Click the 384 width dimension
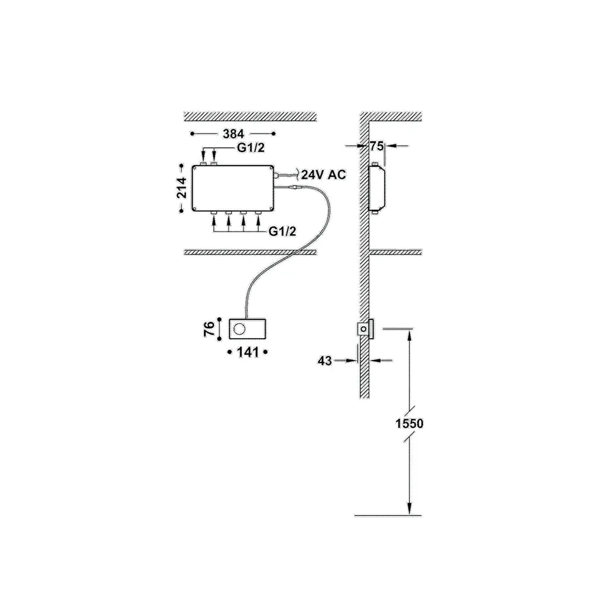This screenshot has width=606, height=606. pyautogui.click(x=233, y=134)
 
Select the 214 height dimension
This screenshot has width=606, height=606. pyautogui.click(x=182, y=188)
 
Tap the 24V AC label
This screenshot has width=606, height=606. pyautogui.click(x=323, y=175)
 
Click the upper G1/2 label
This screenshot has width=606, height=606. pyautogui.click(x=251, y=147)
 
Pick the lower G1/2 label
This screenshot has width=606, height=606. pyautogui.click(x=283, y=231)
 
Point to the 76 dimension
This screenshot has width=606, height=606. pyautogui.click(x=209, y=329)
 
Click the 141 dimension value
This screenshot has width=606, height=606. pyautogui.click(x=248, y=352)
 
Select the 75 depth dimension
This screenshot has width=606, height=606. pyautogui.click(x=377, y=146)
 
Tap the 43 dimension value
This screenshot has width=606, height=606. pyautogui.click(x=324, y=361)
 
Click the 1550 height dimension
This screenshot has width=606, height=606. pyautogui.click(x=409, y=424)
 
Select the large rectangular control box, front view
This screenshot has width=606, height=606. pyautogui.click(x=233, y=188)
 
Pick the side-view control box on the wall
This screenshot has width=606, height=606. pyautogui.click(x=378, y=188)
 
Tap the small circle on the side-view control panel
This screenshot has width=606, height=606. pyautogui.click(x=363, y=329)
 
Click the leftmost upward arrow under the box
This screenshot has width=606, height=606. pyautogui.click(x=214, y=223)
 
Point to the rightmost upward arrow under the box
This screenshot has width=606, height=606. pyautogui.click(x=258, y=223)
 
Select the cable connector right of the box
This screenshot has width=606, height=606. pyautogui.click(x=296, y=188)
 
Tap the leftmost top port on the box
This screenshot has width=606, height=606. pyautogui.click(x=204, y=163)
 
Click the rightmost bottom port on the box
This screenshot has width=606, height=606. pyautogui.click(x=258, y=213)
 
